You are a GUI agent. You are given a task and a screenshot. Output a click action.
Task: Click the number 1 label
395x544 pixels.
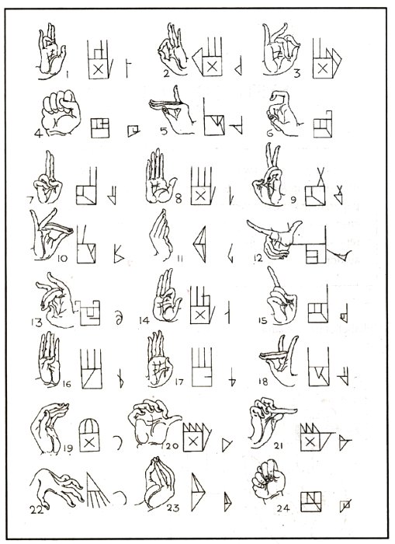coord(68,74)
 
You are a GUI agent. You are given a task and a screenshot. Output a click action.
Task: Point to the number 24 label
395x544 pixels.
coord(283,508)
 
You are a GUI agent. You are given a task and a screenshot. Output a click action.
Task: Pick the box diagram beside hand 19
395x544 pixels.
coord(89,435)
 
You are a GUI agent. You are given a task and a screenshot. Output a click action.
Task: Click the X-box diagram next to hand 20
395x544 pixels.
coord(196,437)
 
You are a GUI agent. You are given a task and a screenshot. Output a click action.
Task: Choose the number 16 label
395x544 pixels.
coord(67,384)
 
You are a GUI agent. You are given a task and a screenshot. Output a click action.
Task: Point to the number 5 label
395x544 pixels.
coord(164,131)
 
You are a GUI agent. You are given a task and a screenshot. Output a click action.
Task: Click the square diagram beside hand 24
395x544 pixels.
coord(310,502)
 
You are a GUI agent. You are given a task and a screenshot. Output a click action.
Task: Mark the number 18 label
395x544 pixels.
coord(263,382)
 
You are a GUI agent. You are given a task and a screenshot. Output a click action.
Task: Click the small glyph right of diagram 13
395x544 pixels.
coord(119,318)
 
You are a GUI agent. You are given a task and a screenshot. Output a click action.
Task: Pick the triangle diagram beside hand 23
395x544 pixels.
coord(198,492)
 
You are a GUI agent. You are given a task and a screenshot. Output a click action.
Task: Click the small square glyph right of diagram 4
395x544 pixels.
coord(133,131)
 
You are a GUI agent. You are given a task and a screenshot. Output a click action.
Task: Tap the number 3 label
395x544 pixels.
coord(296,74)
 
